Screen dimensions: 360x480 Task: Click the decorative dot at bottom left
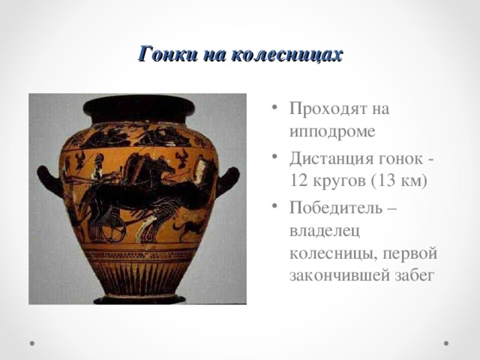click(34, 342)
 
